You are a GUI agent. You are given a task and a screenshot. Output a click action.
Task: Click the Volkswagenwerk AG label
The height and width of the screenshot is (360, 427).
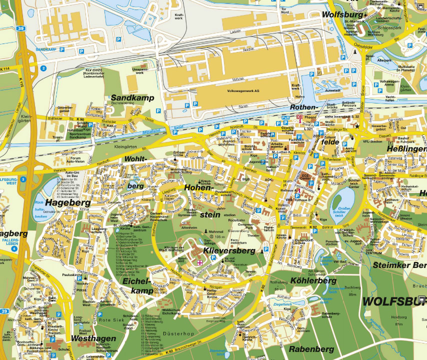tap(243, 91)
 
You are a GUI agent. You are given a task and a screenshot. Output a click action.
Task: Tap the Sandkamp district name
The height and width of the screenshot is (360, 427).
tap(132, 97)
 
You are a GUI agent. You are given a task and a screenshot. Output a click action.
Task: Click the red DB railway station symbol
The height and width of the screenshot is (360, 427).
tap(299, 117)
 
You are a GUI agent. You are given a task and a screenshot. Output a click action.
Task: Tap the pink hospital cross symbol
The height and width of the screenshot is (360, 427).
tap(200, 262)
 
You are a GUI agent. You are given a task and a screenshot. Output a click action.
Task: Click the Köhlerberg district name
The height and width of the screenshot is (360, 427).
tap(313, 281)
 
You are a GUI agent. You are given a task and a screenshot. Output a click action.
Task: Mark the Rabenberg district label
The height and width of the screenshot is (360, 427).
tap(311, 348)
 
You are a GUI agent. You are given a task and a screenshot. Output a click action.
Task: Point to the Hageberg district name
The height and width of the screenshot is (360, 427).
tap(68, 202)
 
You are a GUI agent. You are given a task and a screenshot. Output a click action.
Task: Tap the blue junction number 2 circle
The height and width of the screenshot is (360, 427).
tap(43, 68)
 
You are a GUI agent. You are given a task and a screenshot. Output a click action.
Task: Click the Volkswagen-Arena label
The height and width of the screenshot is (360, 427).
tap(389, 83)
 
